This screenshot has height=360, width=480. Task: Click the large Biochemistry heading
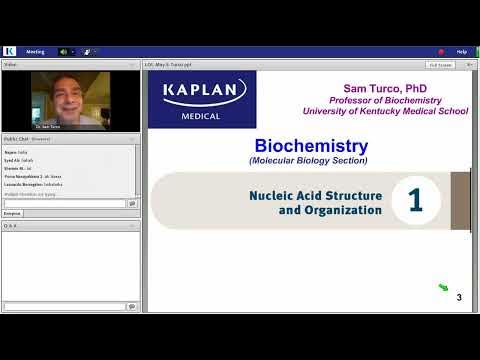[x=311, y=147]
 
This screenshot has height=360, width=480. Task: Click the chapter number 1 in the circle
[x=414, y=200]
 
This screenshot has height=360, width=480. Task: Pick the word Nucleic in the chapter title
[x=271, y=196]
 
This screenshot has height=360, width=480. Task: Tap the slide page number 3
[x=459, y=297]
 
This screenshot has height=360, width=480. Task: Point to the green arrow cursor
[x=443, y=289]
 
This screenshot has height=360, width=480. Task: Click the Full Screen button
[x=439, y=64]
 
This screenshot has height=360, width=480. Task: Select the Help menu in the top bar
[x=461, y=51]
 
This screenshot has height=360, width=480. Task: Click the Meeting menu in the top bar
[x=35, y=51]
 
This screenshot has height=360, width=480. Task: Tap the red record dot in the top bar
[x=440, y=51]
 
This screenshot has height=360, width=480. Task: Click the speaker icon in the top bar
[x=63, y=51]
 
